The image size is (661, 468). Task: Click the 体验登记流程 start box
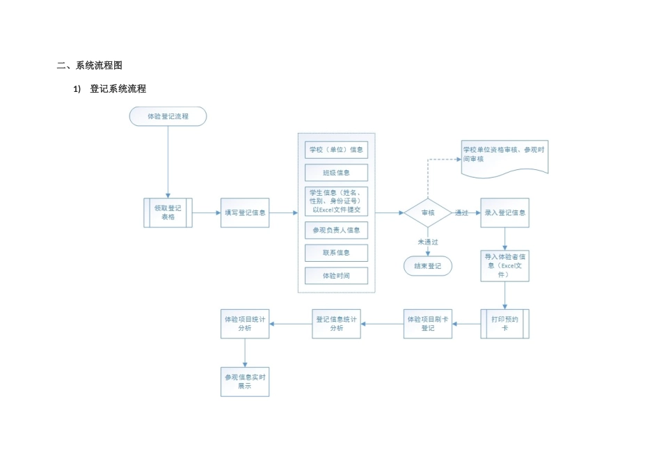coord(168,116)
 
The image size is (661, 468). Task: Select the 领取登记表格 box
coord(168,212)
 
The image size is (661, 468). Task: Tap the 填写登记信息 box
coord(244,212)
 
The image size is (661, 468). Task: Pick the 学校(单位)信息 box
coord(336,149)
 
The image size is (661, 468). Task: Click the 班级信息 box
coord(336,172)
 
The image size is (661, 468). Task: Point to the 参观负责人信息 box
coord(336,229)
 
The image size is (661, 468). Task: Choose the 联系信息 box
coord(336,252)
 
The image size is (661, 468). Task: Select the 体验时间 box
coord(336,276)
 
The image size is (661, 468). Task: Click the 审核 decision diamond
coord(428,212)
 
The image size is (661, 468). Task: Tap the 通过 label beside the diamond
coord(461,212)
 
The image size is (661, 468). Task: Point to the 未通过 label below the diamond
coord(427,241)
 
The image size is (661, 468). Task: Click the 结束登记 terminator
coord(427,265)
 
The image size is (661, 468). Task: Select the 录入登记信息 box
coord(504,212)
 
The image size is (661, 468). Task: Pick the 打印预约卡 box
coord(504,323)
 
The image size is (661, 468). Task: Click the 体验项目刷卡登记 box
coord(427,323)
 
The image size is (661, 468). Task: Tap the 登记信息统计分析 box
coord(336,323)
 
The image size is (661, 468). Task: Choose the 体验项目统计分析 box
coord(244,323)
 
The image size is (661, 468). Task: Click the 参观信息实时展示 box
coord(244,381)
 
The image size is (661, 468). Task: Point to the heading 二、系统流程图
coord(90,65)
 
